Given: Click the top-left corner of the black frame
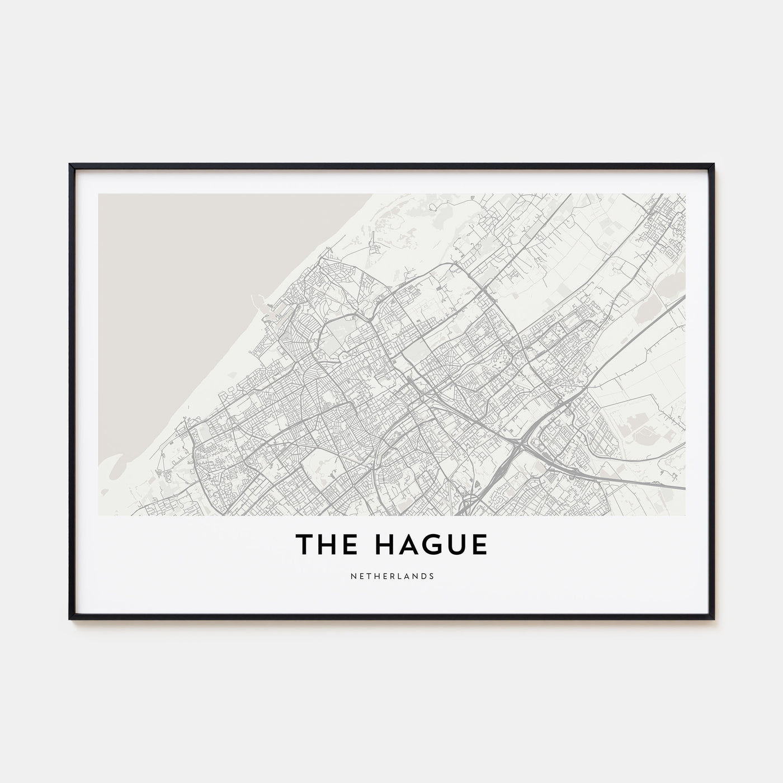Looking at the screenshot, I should click(70, 164).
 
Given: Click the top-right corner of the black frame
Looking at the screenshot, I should click(713, 164).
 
